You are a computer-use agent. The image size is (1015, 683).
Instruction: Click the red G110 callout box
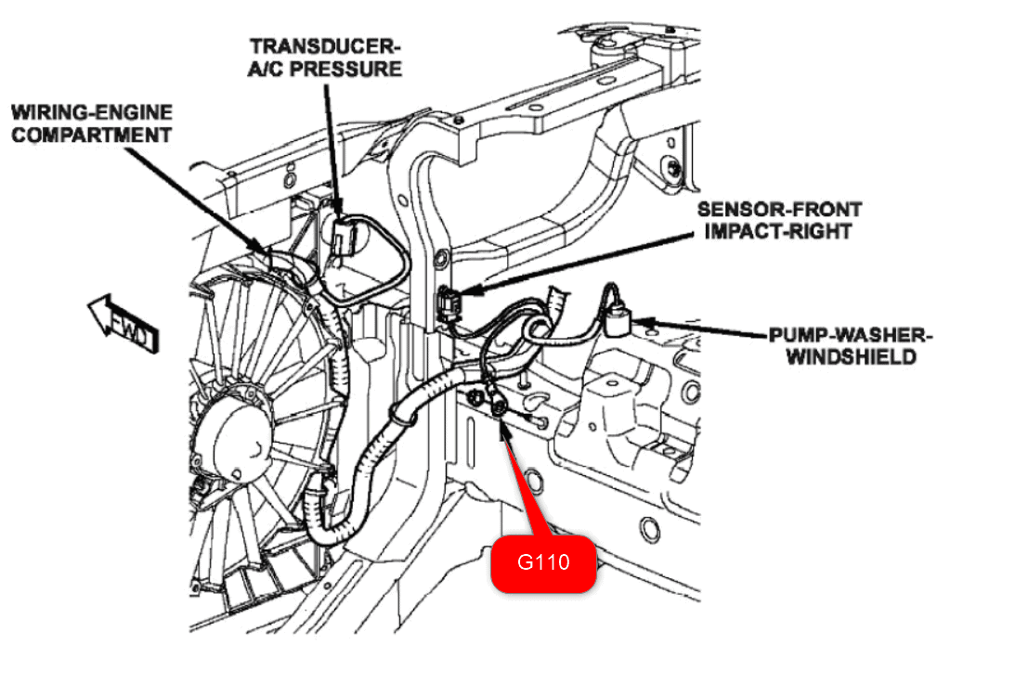tap(542, 562)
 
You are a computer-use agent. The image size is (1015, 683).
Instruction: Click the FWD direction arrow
tap(123, 322)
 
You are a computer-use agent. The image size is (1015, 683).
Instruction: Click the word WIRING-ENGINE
tap(91, 112)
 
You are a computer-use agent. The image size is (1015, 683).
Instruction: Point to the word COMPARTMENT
tap(91, 135)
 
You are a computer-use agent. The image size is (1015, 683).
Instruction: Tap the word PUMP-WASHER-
tap(851, 334)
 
